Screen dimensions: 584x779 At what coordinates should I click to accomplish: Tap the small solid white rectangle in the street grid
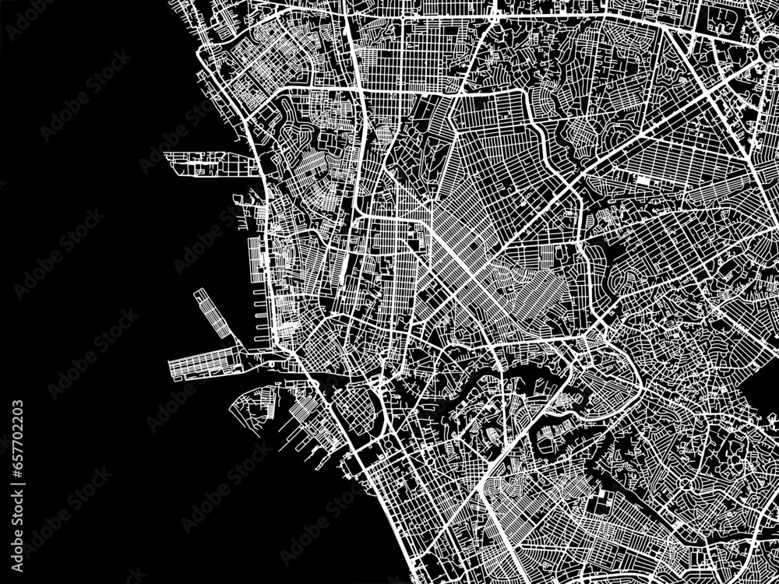[644, 180]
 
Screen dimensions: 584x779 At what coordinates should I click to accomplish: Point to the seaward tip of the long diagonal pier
[197, 294]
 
